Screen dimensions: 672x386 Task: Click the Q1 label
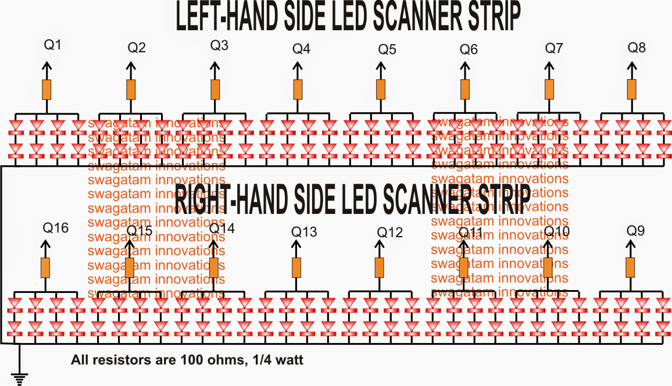pyautogui.click(x=52, y=45)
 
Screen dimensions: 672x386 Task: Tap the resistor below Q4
pyautogui.click(x=298, y=90)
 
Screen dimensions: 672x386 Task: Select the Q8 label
pyautogui.click(x=637, y=47)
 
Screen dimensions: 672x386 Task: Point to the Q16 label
pyautogui.click(x=55, y=228)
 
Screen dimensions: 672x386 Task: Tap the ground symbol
pyautogui.click(x=20, y=378)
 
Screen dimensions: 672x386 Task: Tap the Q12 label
pyautogui.click(x=389, y=233)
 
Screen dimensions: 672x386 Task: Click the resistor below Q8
pyautogui.click(x=632, y=90)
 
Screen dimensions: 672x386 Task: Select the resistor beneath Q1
pyautogui.click(x=47, y=90)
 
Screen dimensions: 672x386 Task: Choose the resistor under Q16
pyautogui.click(x=46, y=267)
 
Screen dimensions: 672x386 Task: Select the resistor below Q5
pyautogui.click(x=381, y=90)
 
